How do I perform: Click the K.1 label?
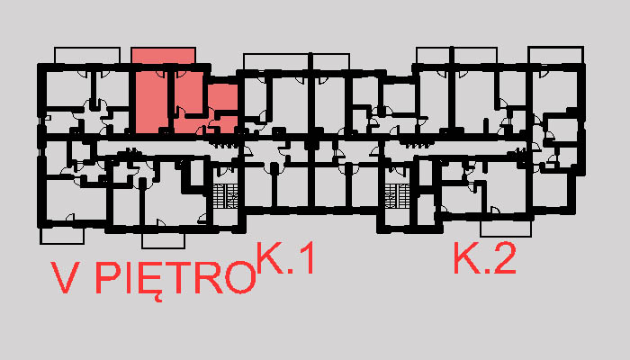point(287,260)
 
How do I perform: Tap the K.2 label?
point(484,260)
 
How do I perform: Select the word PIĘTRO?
point(175,280)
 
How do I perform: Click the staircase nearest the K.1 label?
point(227,194)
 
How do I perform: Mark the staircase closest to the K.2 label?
point(397,194)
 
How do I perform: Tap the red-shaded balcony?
point(163,55)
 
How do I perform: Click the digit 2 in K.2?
point(503,260)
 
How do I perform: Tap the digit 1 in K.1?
point(306,260)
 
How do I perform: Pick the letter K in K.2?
point(465,260)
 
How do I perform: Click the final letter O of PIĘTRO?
point(238,280)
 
